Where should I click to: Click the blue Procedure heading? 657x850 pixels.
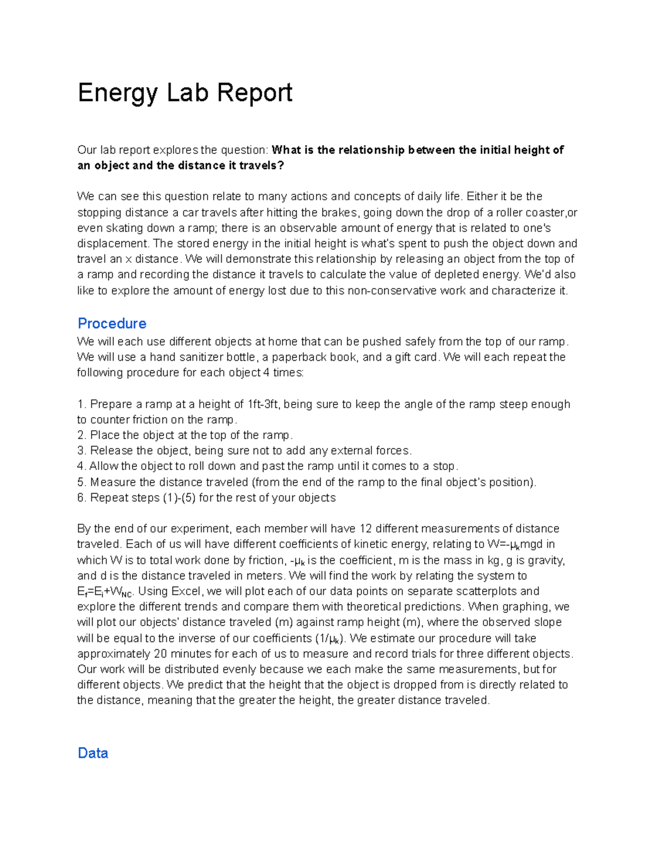click(x=112, y=323)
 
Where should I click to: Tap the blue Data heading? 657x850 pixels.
click(x=93, y=753)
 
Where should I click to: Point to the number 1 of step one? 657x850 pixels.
click(x=80, y=404)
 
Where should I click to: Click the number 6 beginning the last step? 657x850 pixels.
click(x=80, y=498)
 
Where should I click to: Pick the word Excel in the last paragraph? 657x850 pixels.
click(x=186, y=591)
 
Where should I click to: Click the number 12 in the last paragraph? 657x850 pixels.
click(x=365, y=529)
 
